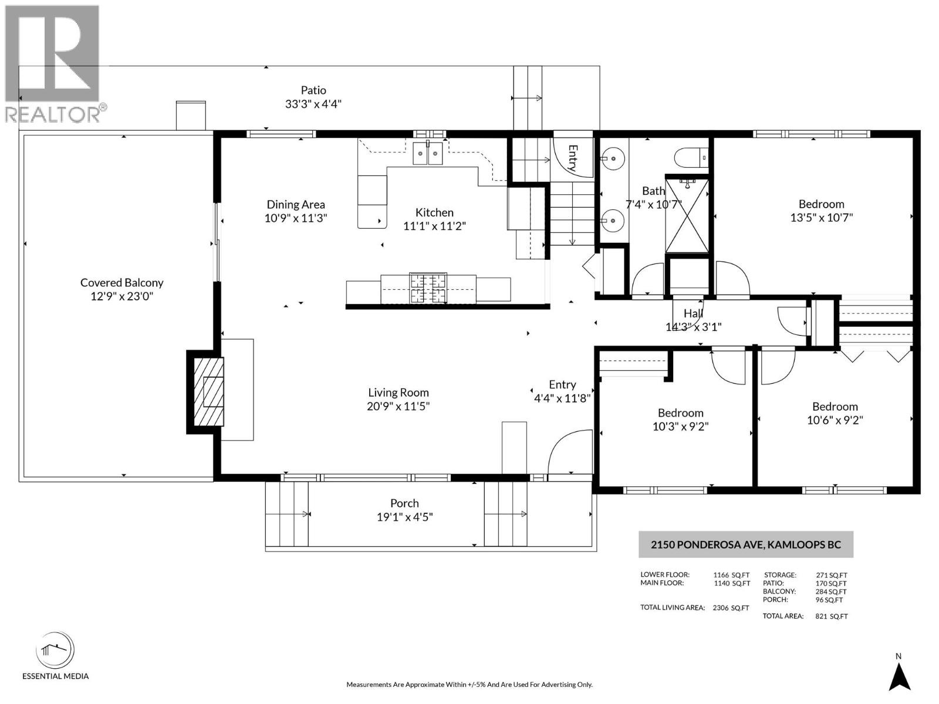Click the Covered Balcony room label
121,283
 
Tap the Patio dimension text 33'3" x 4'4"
313,104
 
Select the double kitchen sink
427,154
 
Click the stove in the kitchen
428,288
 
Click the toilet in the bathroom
691,158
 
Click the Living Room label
398,392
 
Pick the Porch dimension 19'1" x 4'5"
404,517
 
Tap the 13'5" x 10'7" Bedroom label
821,204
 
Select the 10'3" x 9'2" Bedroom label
680,413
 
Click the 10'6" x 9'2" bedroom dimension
835,420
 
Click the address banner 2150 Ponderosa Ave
745,544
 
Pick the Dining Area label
296,205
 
